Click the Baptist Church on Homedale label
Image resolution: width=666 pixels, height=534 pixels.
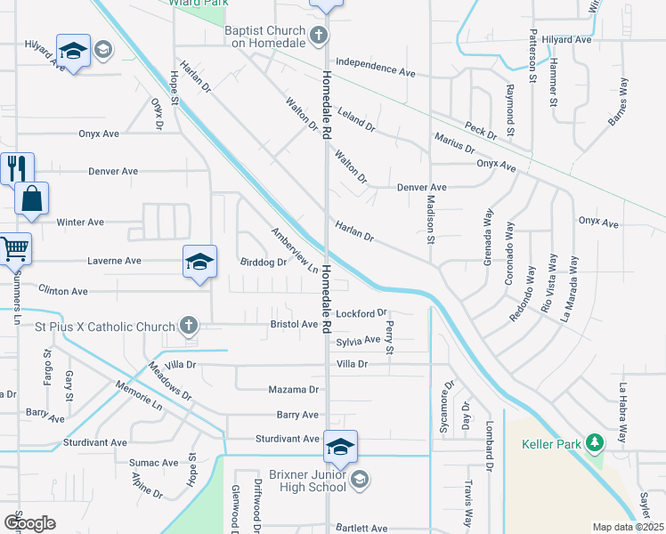coord(265,36)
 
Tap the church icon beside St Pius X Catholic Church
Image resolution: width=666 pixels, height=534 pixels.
coord(188,327)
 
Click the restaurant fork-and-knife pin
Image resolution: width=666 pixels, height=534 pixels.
coord(16,167)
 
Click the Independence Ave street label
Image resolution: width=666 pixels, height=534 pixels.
coord(376,71)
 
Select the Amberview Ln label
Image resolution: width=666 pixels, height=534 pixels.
coord(294,251)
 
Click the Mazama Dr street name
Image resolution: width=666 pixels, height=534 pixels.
coord(293,390)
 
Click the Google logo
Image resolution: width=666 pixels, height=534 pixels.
coord(29,522)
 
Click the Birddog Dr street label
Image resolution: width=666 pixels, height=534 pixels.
coord(264,263)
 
